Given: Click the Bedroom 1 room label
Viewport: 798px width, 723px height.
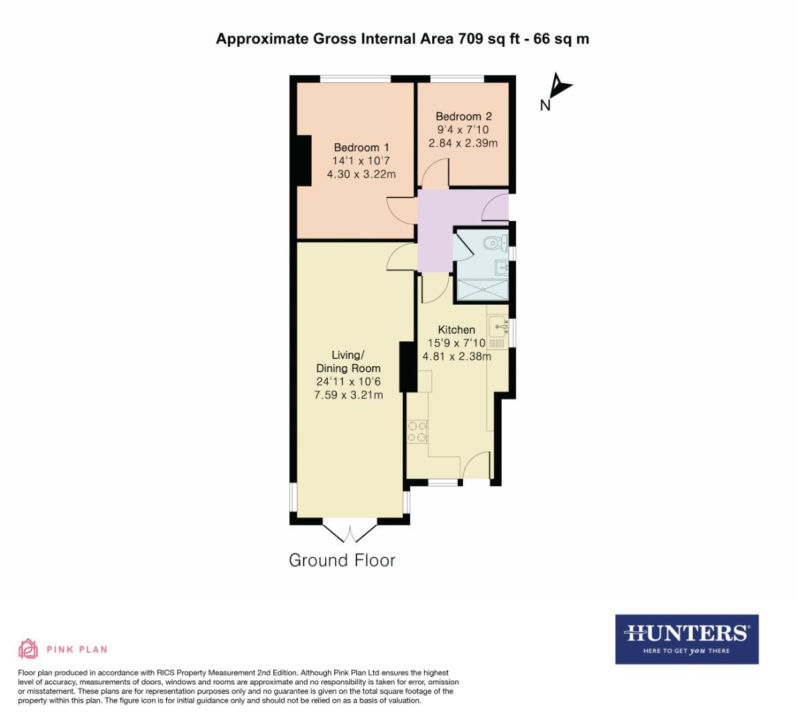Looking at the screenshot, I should click(x=361, y=147).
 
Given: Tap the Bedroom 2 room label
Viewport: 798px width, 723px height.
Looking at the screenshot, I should click(x=463, y=116).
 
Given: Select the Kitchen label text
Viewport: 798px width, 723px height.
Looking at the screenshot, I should click(x=456, y=329).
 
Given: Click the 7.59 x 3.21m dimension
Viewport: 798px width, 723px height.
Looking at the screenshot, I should click(x=348, y=395).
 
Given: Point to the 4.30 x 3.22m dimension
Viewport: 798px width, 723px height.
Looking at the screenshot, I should click(x=361, y=174).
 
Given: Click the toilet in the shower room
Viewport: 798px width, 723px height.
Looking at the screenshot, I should click(x=496, y=242).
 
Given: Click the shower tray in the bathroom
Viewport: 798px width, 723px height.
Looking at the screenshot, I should click(x=482, y=289).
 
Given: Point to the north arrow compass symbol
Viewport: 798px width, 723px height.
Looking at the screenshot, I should click(x=557, y=88).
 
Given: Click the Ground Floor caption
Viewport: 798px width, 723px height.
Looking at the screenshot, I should click(x=342, y=560).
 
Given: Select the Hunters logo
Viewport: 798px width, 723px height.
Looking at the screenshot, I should click(x=686, y=639).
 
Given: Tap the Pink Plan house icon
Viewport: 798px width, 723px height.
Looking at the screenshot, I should click(x=27, y=648).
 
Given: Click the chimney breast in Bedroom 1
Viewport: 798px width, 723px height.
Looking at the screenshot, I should click(x=305, y=160).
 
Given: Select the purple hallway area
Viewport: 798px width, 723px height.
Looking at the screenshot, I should click(x=435, y=228).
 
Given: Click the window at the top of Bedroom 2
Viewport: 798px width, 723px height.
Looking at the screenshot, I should click(x=456, y=79).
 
